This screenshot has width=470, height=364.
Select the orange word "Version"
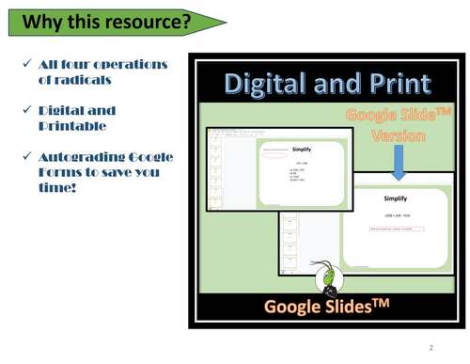tap(398, 135)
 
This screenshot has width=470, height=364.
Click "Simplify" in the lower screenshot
tap(396, 199)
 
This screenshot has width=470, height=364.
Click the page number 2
tap(431, 347)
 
